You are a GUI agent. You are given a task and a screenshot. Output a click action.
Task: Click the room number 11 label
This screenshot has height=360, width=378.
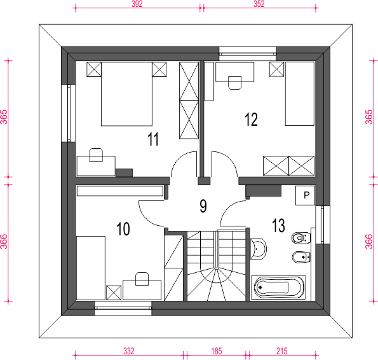(x=153, y=139)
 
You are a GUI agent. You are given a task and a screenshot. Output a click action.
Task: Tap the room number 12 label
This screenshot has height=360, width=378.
(x=251, y=120)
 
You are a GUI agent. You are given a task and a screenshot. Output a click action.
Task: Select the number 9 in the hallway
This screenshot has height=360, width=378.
(x=203, y=206)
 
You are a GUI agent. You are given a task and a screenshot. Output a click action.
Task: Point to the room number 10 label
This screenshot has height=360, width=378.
(x=123, y=229)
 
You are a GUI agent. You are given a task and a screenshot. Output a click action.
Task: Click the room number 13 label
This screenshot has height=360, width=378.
(x=278, y=226)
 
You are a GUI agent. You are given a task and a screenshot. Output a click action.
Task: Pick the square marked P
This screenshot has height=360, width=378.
(x=305, y=195)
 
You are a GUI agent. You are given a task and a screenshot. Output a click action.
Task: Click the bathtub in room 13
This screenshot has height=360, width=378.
(x=278, y=287)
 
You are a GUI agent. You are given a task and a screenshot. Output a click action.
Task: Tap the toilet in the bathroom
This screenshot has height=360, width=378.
(x=301, y=239)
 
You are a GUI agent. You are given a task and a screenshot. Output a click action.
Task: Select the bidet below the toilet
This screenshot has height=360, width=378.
(x=301, y=257)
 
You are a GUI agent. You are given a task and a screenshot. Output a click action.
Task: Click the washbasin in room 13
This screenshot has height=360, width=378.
(x=258, y=249)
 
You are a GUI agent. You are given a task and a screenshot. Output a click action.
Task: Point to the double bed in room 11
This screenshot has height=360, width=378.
(x=126, y=94)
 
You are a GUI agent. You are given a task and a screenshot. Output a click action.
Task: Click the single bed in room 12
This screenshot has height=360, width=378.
(x=300, y=94)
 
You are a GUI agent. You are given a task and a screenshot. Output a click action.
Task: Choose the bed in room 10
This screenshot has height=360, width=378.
(x=91, y=268)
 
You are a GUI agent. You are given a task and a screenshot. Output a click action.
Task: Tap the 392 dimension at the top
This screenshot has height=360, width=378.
(x=137, y=4)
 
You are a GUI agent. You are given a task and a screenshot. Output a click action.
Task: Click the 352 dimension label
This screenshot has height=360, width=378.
(x=259, y=4)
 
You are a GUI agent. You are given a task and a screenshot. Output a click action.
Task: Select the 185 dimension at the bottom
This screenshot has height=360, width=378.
(x=216, y=351)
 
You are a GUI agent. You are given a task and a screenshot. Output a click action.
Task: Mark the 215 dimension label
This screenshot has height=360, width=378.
(x=282, y=351)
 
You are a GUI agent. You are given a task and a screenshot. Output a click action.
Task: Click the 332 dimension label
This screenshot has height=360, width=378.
(x=129, y=351)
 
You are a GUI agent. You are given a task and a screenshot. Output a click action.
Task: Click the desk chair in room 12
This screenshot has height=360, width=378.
(x=235, y=83)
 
